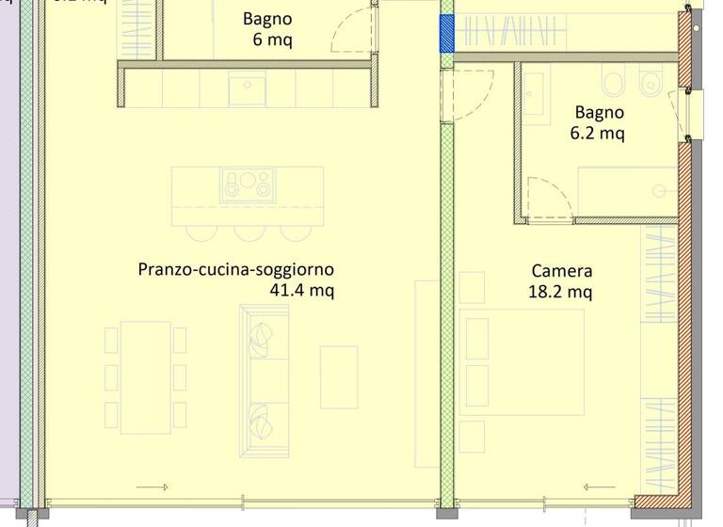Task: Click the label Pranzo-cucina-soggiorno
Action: coord(235,270)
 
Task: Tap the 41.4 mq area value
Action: coord(301,291)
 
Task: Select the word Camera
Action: coord(561,272)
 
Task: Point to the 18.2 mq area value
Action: coord(560,293)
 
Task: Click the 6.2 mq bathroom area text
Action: coord(598,134)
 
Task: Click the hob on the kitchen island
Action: coord(247,184)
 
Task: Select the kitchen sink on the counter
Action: coord(248,89)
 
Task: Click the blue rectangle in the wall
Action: coord(447,34)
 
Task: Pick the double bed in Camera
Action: coord(523,361)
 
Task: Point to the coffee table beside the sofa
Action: coord(339,376)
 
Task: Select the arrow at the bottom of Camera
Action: coord(600,487)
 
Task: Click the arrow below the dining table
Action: coord(152,487)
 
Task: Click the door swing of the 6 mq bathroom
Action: coord(352,30)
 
